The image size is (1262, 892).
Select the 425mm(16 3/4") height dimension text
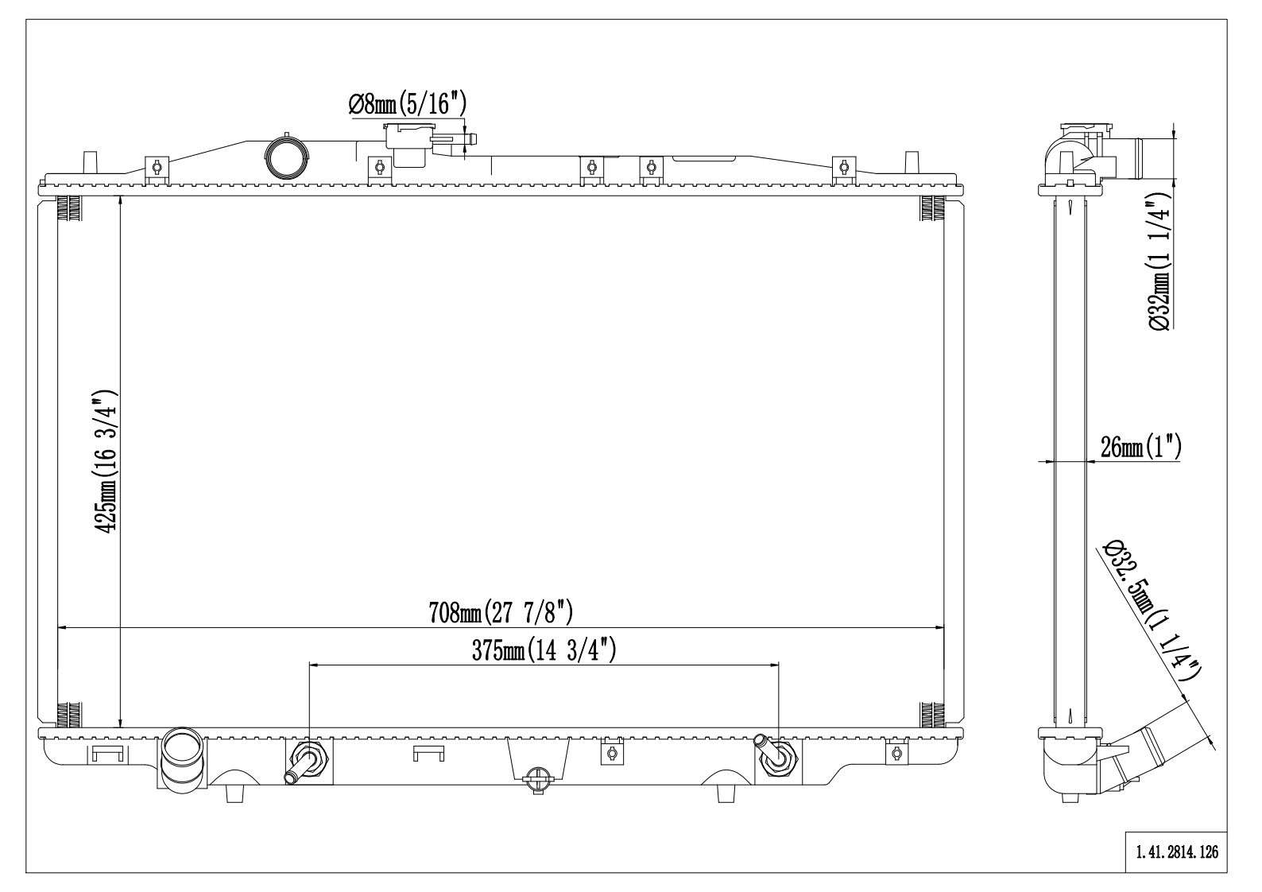click(106, 461)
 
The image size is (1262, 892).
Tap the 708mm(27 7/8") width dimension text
click(501, 613)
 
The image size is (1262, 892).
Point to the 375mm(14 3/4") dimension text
click(544, 651)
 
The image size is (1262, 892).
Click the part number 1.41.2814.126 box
click(1176, 852)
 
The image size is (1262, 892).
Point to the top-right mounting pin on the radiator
click(912, 159)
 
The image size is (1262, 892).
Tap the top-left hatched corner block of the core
click(69, 209)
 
